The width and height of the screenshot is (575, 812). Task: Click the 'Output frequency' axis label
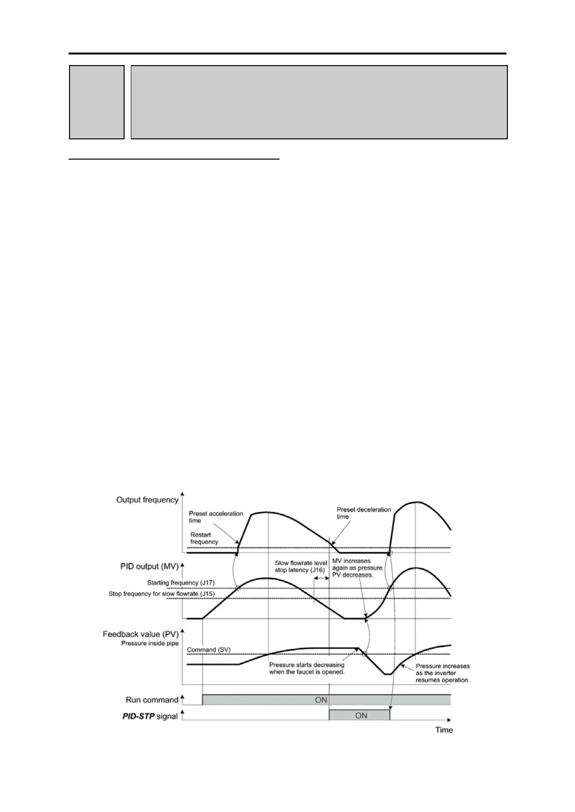(147, 500)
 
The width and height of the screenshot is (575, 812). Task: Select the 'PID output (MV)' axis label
(149, 566)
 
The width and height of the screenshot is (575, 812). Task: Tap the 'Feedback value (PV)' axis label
(140, 634)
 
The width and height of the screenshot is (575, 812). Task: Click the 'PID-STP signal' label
(150, 717)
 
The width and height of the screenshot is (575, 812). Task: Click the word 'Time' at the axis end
(444, 730)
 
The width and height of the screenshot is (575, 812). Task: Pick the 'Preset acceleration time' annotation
(216, 517)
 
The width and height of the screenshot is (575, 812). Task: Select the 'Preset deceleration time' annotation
(364, 513)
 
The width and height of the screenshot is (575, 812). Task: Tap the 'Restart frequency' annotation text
(204, 538)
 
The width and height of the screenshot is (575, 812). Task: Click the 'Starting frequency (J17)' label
(181, 583)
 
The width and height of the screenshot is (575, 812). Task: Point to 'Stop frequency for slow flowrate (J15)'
(161, 594)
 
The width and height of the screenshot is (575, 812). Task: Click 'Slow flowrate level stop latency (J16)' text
(301, 567)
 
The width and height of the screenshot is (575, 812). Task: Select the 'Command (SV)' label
(209, 650)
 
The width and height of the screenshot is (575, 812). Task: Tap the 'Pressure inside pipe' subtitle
(150, 643)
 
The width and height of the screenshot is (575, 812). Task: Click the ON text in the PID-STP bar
(361, 716)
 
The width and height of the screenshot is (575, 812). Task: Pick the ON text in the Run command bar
(321, 700)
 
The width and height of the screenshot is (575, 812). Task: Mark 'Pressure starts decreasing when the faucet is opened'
(307, 668)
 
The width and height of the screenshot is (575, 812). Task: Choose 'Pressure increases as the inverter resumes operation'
(442, 673)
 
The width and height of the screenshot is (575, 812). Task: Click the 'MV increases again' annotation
(357, 568)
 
